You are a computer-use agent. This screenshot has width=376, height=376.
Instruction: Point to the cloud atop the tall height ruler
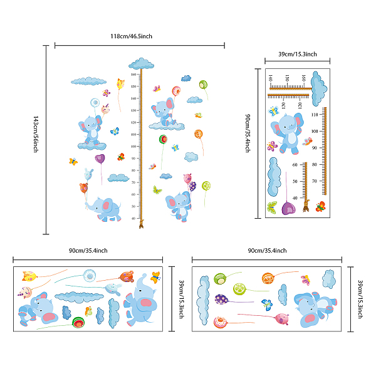[x=142, y=63]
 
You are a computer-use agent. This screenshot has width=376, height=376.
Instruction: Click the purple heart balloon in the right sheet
[x=288, y=207]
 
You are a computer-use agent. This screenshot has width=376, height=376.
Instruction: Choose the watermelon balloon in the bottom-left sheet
[x=78, y=323]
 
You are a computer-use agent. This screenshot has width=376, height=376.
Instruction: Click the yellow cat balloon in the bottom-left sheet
[x=28, y=276]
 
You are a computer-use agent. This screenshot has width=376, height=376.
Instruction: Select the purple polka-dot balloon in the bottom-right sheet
[x=221, y=299]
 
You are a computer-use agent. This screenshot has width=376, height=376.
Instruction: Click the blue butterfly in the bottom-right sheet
[x=267, y=305]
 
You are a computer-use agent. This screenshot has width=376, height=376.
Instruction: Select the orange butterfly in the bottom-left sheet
[x=88, y=310]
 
